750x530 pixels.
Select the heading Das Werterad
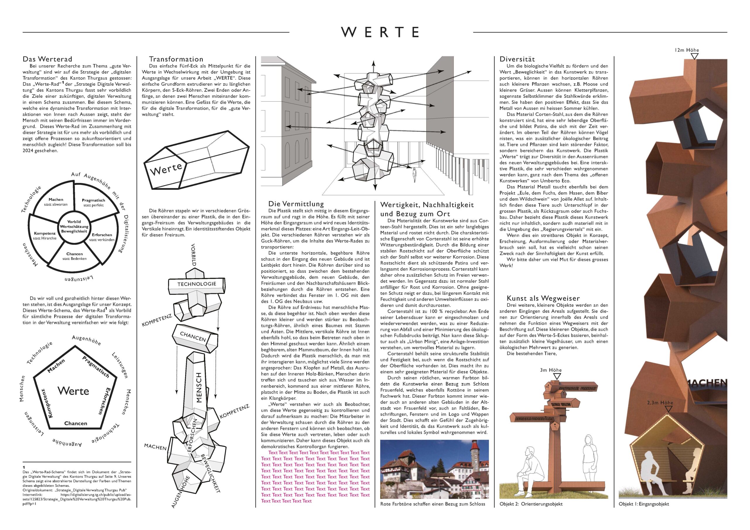pyautogui.click(x=47, y=59)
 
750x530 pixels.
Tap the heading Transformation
pyautogui.click(x=176, y=59)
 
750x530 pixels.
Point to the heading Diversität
pyautogui.click(x=517, y=59)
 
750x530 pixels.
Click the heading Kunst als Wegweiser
pyautogui.click(x=543, y=298)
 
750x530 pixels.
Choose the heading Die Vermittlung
pyautogui.click(x=296, y=204)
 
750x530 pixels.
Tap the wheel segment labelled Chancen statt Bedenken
pyautogui.click(x=74, y=256)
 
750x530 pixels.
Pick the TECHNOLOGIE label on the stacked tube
pyautogui.click(x=197, y=284)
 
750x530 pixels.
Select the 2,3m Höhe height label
pyautogui.click(x=660, y=403)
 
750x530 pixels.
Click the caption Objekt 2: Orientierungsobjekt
pyautogui.click(x=531, y=504)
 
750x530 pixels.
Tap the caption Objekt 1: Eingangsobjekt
pyautogui.click(x=644, y=504)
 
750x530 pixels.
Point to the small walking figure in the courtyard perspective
pyautogui.click(x=415, y=175)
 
